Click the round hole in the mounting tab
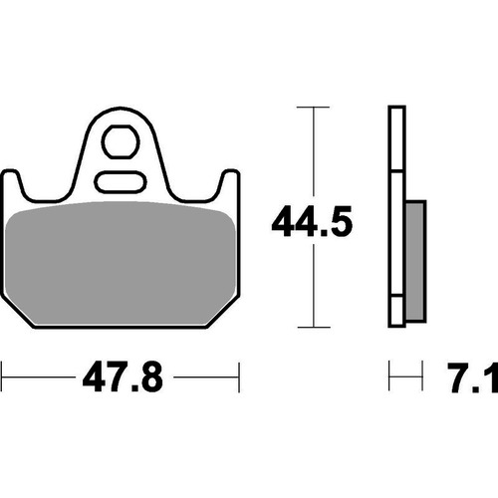pyautogui.click(x=122, y=143)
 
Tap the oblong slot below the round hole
pyautogui.click(x=122, y=182)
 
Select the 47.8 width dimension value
pyautogui.click(x=121, y=379)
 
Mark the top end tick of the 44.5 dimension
pyautogui.click(x=314, y=107)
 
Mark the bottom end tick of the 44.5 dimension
pyautogui.click(x=314, y=327)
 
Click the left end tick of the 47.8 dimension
pyautogui.click(x=2, y=378)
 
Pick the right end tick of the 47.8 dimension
pyautogui.click(x=240, y=378)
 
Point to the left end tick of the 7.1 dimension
pyautogui.click(x=390, y=378)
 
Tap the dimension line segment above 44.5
pyautogui.click(x=314, y=149)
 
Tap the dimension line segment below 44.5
pyautogui.click(x=314, y=289)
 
